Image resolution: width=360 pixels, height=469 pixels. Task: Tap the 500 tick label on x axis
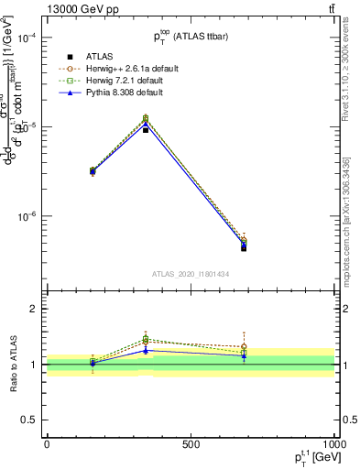191,444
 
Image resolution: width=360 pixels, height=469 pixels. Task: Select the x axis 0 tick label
47,444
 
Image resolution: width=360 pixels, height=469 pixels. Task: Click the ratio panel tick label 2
36,309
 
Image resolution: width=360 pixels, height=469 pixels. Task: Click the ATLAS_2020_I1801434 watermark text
191,274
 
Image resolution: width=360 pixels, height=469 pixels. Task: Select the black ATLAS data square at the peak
146,130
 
